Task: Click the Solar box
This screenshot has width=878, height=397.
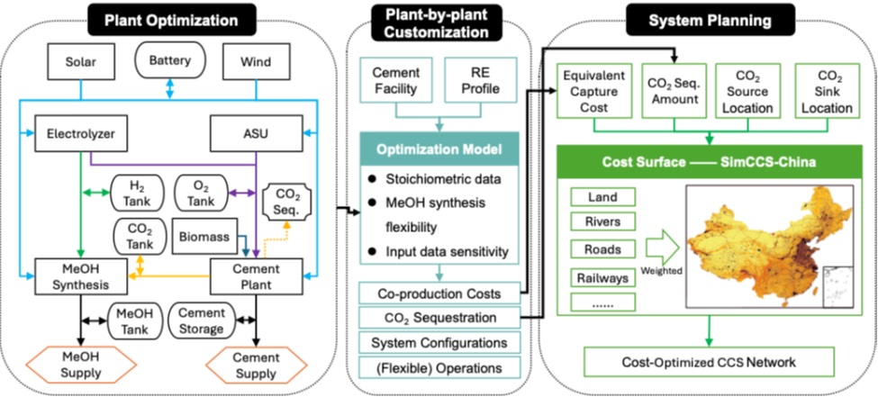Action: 79,64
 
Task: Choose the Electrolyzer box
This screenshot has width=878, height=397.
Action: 79,135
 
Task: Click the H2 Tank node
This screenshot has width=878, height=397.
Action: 137,191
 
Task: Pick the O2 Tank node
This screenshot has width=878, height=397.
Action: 204,191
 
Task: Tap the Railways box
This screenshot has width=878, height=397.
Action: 603,278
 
